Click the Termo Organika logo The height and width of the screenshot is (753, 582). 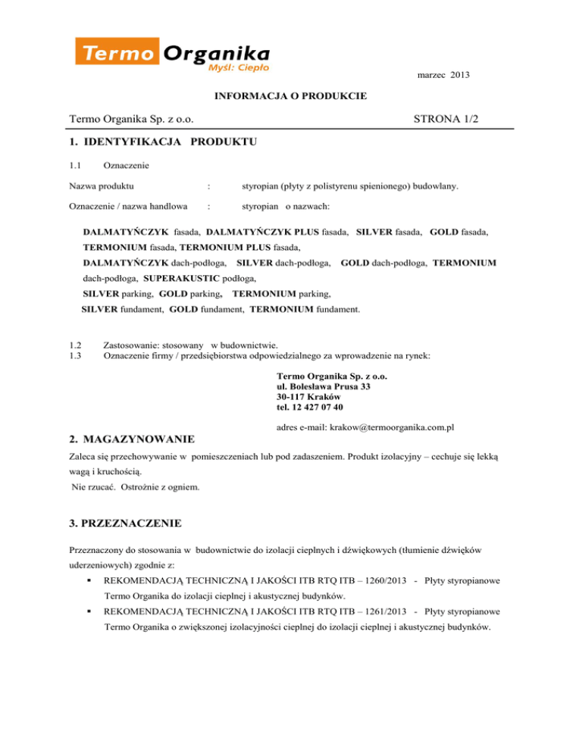point(173,55)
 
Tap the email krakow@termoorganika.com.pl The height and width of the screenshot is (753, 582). point(386,428)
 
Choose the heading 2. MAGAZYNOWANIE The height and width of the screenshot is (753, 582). point(131,439)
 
